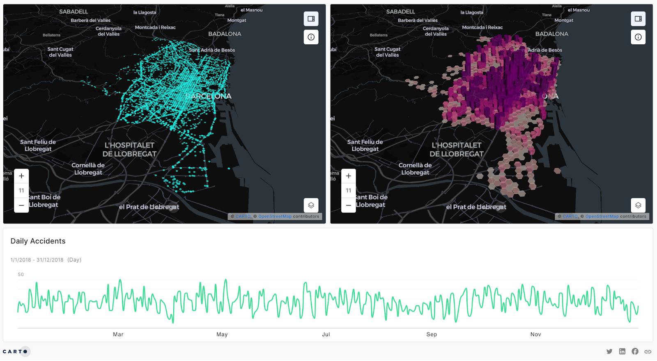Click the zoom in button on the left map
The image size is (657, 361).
(x=21, y=176)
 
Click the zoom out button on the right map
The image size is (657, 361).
(x=348, y=205)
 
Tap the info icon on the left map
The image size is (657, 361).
(x=311, y=37)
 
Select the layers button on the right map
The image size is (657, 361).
(x=638, y=205)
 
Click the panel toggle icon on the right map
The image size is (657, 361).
(x=638, y=19)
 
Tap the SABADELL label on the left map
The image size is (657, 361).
(x=74, y=12)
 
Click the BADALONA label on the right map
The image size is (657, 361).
(x=551, y=34)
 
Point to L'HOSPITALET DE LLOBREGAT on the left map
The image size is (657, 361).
(x=129, y=150)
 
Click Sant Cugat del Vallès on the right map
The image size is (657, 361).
(x=387, y=52)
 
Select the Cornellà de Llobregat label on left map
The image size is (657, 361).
(x=88, y=169)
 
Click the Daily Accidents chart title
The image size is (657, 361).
(x=38, y=241)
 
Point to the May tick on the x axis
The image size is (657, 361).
(x=222, y=334)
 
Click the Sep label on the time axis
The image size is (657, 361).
(x=432, y=334)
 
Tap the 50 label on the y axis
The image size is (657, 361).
(x=21, y=274)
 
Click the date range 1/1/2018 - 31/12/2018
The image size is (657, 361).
(x=37, y=260)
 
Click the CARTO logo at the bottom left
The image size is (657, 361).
(x=15, y=352)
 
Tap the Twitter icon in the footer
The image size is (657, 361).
(x=609, y=352)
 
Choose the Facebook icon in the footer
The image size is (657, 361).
(x=635, y=352)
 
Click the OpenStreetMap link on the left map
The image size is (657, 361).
(x=275, y=216)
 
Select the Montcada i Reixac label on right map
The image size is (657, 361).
(x=482, y=28)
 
